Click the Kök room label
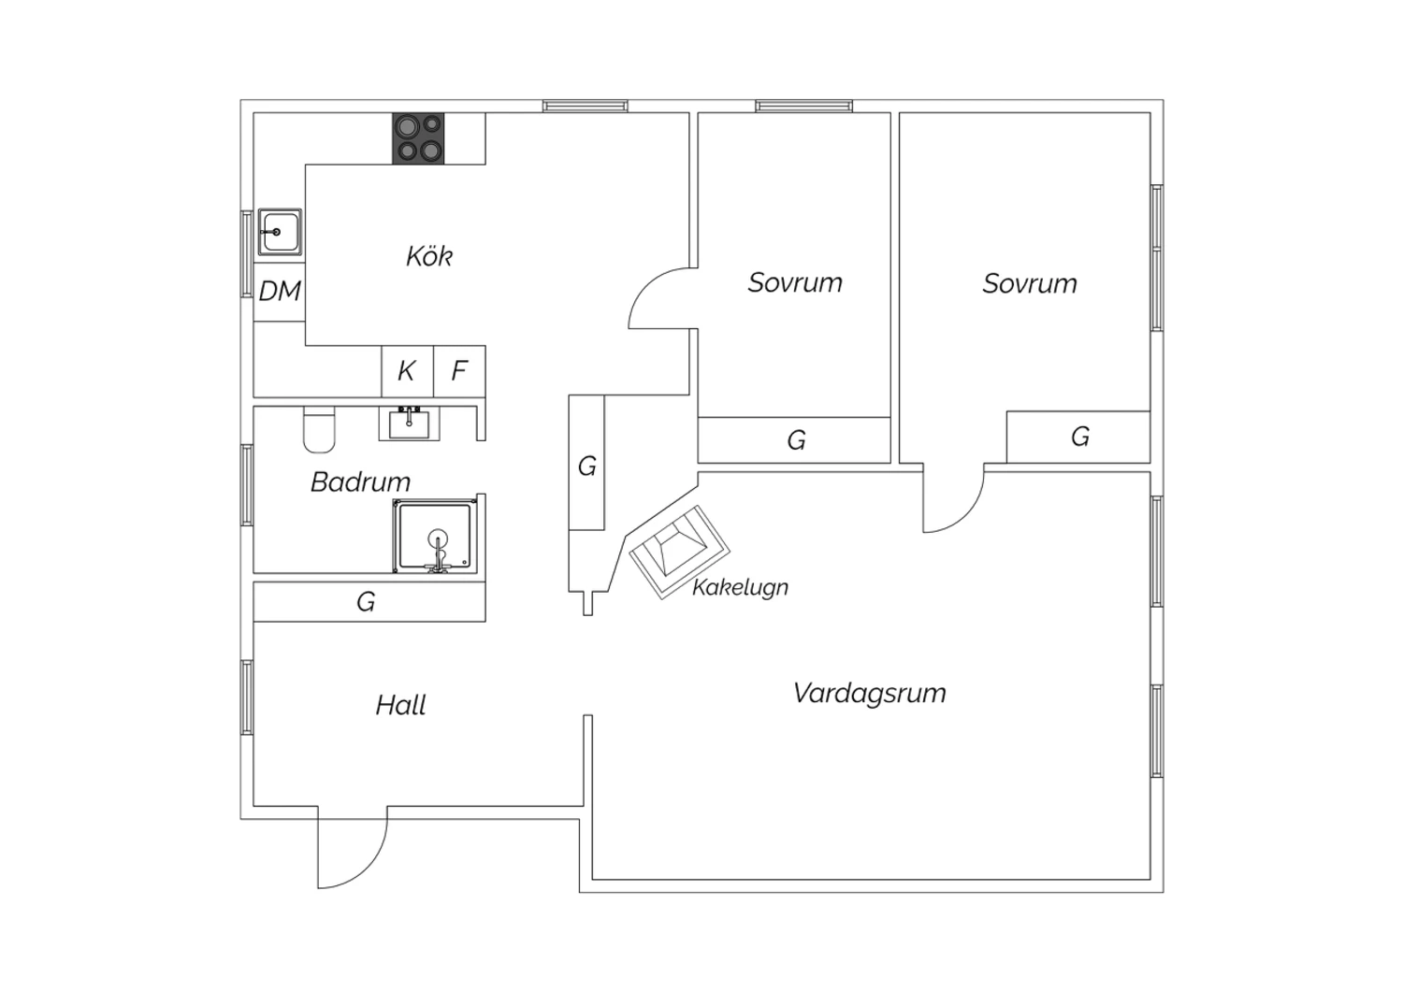pos(429,256)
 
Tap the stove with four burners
pos(418,138)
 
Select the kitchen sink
pos(280,232)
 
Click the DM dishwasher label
pos(280,291)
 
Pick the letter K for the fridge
pos(406,370)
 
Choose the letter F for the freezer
pos(459,370)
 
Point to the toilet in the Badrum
pos(319,429)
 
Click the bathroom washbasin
pos(409,424)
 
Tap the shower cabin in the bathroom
pos(435,536)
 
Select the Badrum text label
pos(361,482)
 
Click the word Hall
pos(401,706)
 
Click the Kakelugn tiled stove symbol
pos(680,553)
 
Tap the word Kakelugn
pos(741,588)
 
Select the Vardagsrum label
pos(869,694)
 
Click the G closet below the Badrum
pos(366,601)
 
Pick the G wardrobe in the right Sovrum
pos(1079,437)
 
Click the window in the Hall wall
pos(247,697)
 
